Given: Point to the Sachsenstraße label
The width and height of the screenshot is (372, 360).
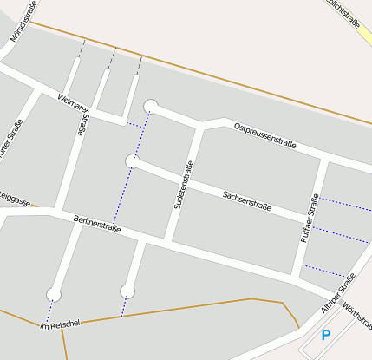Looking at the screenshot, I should (x=247, y=201).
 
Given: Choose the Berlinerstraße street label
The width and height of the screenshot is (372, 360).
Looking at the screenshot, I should (x=97, y=223).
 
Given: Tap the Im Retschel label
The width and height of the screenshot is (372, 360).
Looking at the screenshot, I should (x=60, y=325).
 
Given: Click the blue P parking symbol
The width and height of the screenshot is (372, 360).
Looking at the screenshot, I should (x=326, y=335).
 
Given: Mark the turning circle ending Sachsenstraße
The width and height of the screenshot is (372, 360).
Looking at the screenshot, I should (x=133, y=160).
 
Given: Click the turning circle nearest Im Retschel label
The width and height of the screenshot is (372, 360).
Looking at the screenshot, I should (x=54, y=293).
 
